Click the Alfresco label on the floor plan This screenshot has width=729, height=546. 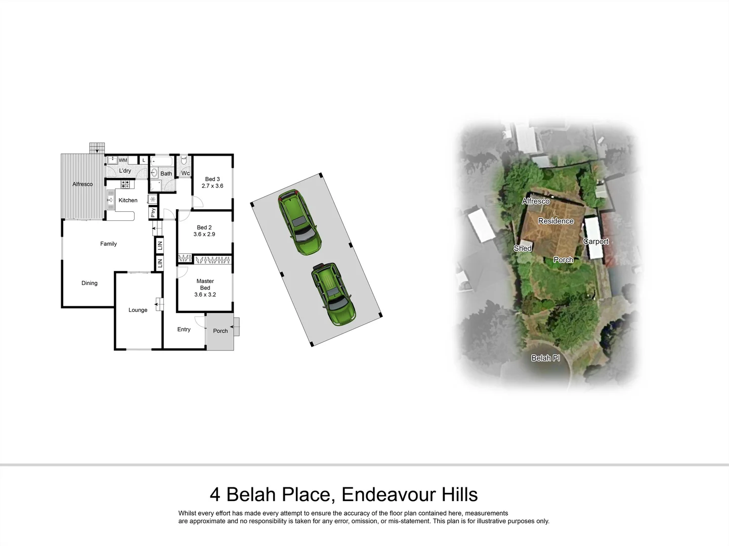tap(82, 184)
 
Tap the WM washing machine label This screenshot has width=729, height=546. tap(123, 160)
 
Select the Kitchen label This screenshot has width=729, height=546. tap(128, 200)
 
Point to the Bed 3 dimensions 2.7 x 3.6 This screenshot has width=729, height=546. tap(212, 186)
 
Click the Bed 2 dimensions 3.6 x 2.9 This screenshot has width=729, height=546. tap(204, 235)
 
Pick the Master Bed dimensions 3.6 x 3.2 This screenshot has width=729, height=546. tap(205, 295)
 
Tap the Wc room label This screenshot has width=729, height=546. tap(186, 173)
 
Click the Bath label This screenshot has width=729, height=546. tap(166, 173)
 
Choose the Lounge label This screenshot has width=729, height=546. tap(138, 310)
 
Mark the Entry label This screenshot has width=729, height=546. tap(184, 329)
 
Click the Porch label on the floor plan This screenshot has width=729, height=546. tap(221, 331)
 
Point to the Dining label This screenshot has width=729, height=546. tap(90, 283)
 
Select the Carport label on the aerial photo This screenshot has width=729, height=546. tap(596, 242)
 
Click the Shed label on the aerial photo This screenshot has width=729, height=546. tap(523, 248)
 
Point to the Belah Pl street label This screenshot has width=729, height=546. tap(545, 358)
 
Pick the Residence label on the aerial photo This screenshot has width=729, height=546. tap(555, 221)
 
